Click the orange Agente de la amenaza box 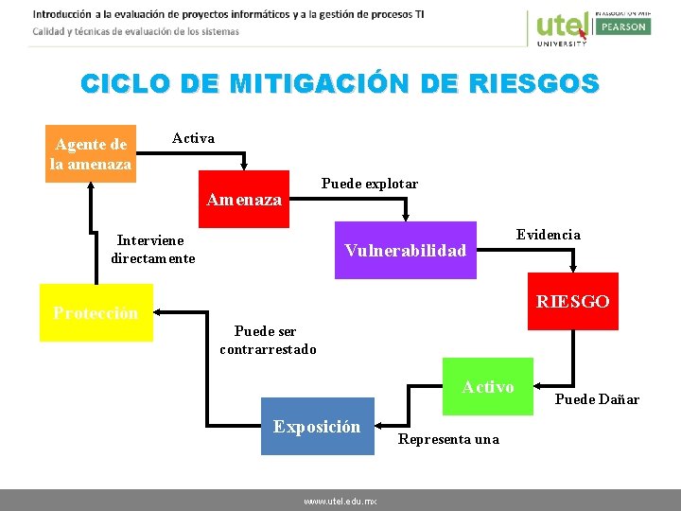[91, 153]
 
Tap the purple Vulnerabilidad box [406, 251]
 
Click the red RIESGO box [572, 301]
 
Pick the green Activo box [488, 386]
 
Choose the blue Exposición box [317, 427]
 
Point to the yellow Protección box [96, 312]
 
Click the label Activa [193, 138]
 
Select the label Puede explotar [370, 184]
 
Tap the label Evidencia [548, 235]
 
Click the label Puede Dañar [597, 399]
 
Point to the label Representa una [448, 439]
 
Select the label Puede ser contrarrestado [268, 341]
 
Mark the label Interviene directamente [153, 250]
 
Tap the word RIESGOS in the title [535, 83]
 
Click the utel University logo [562, 26]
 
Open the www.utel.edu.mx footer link [340, 501]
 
